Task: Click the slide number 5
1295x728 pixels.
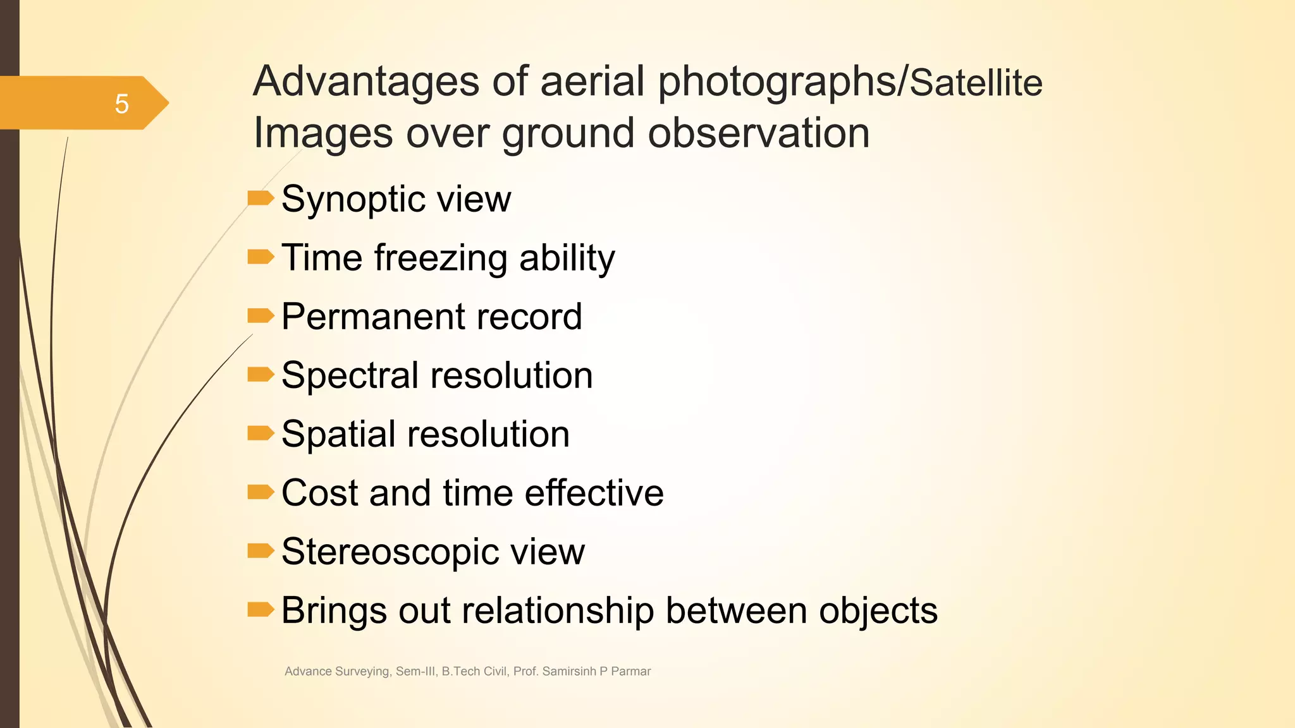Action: pyautogui.click(x=121, y=104)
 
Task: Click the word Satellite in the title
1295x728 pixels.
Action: pyautogui.click(x=976, y=83)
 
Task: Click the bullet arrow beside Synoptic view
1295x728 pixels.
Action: pyautogui.click(x=260, y=198)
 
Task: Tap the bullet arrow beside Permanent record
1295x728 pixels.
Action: pyautogui.click(x=260, y=315)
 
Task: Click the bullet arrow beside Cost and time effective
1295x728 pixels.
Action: pyautogui.click(x=260, y=492)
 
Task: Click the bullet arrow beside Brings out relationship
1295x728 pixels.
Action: pyautogui.click(x=260, y=609)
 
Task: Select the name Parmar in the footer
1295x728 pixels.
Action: pyautogui.click(x=630, y=671)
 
